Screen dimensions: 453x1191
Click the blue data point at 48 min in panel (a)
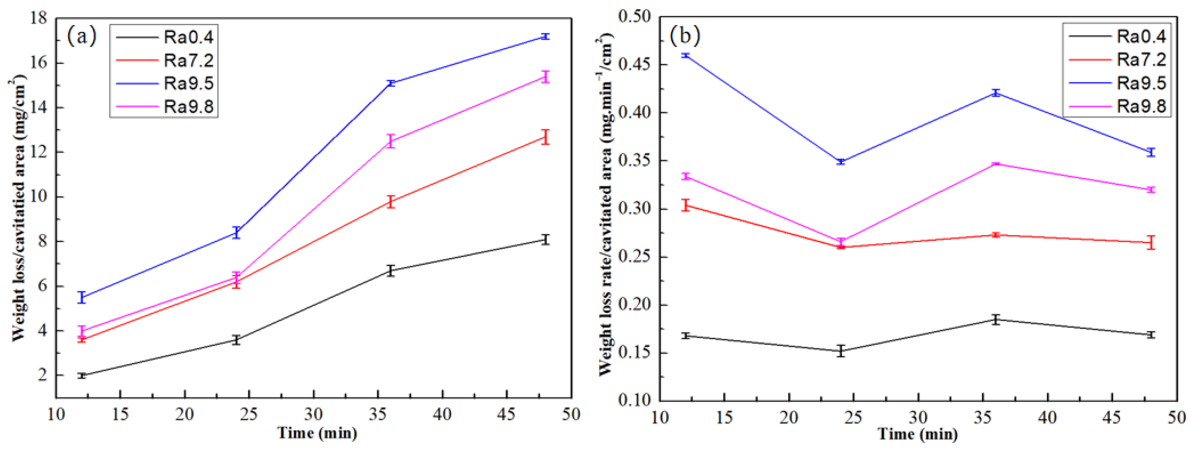[546, 36]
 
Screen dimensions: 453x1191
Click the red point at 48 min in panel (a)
[546, 137]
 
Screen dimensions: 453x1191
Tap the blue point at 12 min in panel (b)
[686, 56]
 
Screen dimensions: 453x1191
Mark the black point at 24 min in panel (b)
[841, 351]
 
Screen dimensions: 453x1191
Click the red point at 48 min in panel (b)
[1151, 242]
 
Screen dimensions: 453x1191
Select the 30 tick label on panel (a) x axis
[313, 414]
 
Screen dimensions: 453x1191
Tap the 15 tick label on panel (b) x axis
[724, 418]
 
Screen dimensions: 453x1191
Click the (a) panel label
[81, 36]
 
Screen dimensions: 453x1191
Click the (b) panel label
[685, 35]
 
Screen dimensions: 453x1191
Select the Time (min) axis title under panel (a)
[317, 433]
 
